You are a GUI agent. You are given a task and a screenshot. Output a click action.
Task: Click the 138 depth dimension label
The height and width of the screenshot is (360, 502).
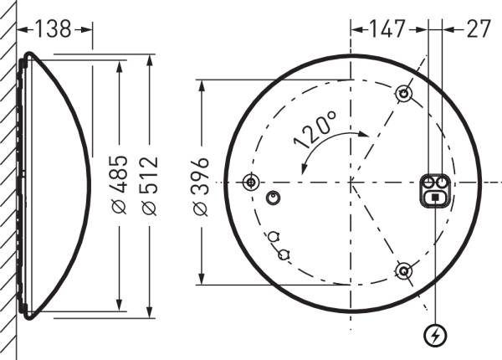pos(54,28)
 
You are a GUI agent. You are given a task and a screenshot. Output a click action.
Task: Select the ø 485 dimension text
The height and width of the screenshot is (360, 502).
pos(120,184)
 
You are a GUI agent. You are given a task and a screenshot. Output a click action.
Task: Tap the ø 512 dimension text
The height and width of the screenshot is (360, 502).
pos(151,184)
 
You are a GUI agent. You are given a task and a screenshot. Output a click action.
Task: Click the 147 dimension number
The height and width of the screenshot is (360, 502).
pos(388,28)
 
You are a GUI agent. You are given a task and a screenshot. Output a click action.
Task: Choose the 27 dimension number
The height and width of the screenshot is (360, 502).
pos(477,28)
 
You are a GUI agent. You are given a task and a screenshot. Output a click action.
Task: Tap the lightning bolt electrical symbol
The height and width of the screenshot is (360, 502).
pos(435,336)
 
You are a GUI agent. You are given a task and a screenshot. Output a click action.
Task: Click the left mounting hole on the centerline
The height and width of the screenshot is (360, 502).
pos(249,182)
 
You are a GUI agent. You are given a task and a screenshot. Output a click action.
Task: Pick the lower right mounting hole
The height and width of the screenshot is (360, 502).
pos(403,270)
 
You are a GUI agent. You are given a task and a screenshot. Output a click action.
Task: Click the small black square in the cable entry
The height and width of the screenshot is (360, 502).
pos(435,197)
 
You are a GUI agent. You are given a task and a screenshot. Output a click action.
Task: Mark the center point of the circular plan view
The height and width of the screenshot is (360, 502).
pos(351,182)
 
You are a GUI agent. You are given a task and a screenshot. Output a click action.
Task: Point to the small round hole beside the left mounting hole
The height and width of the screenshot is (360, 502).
pos(271,198)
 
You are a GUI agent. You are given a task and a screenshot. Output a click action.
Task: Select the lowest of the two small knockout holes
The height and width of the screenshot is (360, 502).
pos(284,251)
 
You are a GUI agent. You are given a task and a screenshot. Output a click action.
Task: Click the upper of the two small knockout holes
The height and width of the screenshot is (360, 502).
pos(274,236)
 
